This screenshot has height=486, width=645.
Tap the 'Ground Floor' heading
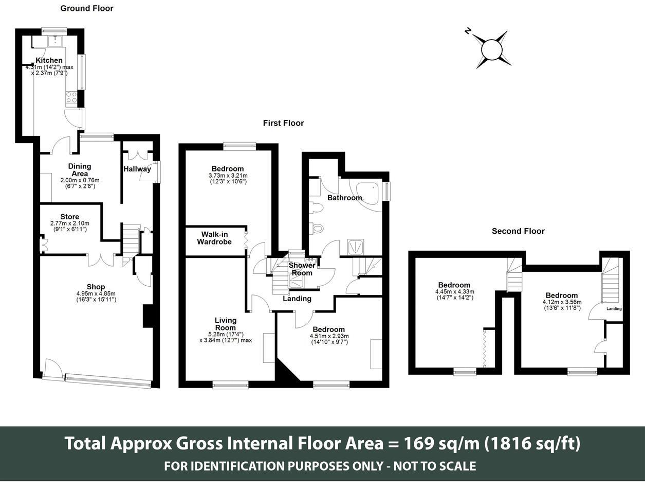[x=87, y=8]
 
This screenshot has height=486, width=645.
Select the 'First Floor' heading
[x=283, y=123]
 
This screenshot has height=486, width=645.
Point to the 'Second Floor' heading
[x=518, y=231]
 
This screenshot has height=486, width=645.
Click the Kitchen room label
[x=49, y=60]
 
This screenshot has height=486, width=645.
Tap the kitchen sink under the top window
[x=54, y=41]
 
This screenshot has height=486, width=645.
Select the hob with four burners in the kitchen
[x=71, y=97]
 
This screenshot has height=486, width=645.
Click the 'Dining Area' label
[x=80, y=170]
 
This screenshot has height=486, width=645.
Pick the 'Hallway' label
[x=137, y=169]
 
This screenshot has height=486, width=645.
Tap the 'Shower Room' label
[x=302, y=269]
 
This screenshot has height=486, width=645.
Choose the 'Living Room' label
[x=225, y=324]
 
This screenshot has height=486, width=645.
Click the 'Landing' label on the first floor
[x=297, y=299]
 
